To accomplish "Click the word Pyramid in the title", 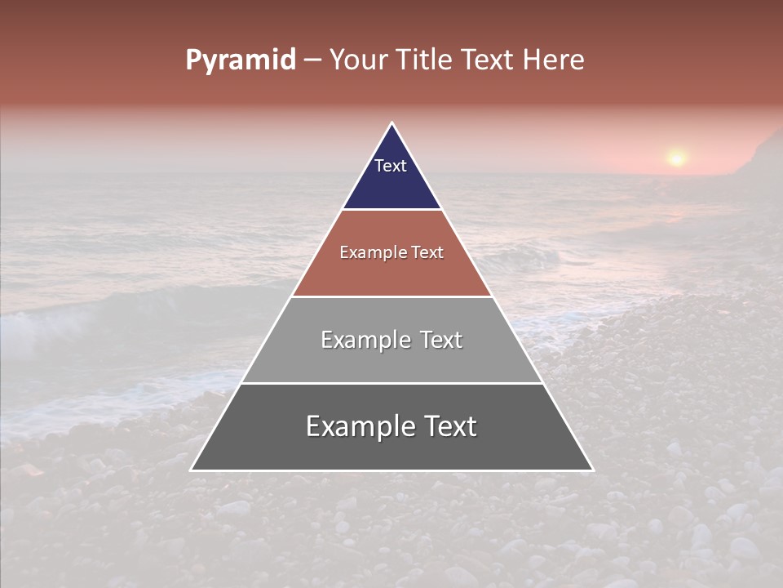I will pyautogui.click(x=241, y=60).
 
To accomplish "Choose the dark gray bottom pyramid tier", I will pyautogui.click(x=391, y=449).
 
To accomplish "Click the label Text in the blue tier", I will pyautogui.click(x=391, y=166).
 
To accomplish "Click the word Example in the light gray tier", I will pyautogui.click(x=366, y=340).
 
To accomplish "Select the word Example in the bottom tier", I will pyautogui.click(x=360, y=426).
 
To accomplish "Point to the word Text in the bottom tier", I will pyautogui.click(x=449, y=426).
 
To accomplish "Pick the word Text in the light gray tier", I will pyautogui.click(x=441, y=340).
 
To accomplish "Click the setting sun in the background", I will pyautogui.click(x=676, y=158).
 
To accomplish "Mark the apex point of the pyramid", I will pyautogui.click(x=392, y=123).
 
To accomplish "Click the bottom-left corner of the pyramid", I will pyautogui.click(x=191, y=470).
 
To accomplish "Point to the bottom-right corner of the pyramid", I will pyautogui.click(x=593, y=470).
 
